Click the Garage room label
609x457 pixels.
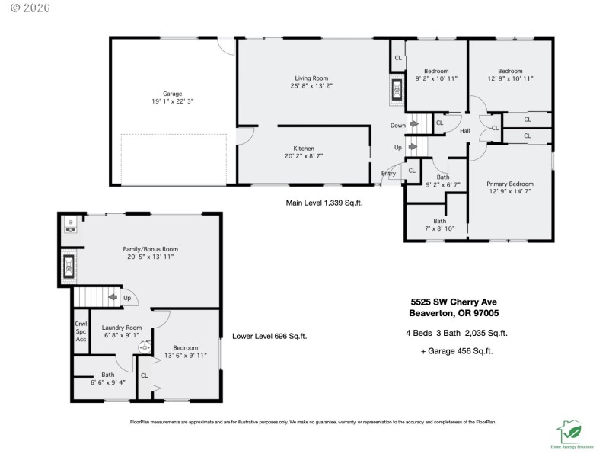pos(172,94)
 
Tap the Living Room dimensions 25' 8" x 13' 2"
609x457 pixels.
pos(311,86)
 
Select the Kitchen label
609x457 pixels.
pos(304,149)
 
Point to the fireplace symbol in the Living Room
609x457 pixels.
pos(397,90)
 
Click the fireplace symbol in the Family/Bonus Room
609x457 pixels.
pos(69,266)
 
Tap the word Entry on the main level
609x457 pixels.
pos(388,174)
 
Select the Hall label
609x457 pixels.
pos(464,131)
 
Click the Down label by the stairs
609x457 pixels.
pos(398,125)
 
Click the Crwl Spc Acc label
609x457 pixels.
pos(81,331)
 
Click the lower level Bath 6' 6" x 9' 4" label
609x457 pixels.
pos(107,379)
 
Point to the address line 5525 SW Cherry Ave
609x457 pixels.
pos(454,302)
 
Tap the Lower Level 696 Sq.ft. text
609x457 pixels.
pos(269,337)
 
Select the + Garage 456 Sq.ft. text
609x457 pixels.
pos(457,351)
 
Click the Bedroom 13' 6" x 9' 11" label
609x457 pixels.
pos(185,351)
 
